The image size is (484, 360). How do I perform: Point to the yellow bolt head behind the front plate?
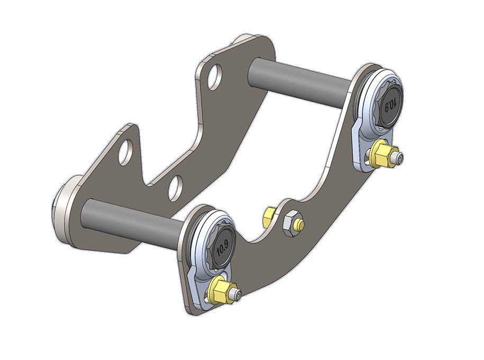(268, 215)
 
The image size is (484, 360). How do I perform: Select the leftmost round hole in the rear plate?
(125, 153)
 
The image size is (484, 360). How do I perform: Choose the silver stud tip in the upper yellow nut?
(400, 159)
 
